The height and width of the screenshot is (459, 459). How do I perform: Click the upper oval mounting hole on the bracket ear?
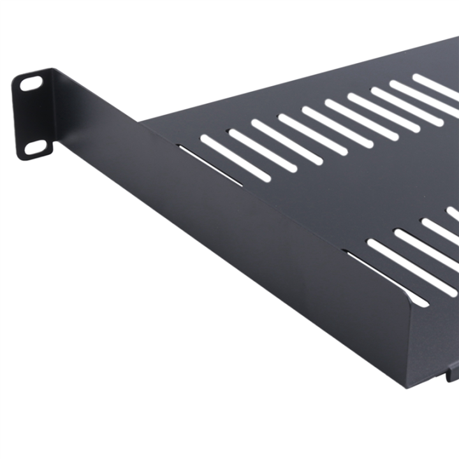(x=31, y=83)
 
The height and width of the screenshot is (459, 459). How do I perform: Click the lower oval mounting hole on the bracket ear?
(x=36, y=149)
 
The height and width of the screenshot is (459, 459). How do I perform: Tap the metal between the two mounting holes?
(x=33, y=116)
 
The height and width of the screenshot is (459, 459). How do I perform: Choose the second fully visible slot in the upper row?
(x=255, y=145)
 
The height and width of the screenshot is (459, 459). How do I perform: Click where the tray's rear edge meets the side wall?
(x=141, y=120)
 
